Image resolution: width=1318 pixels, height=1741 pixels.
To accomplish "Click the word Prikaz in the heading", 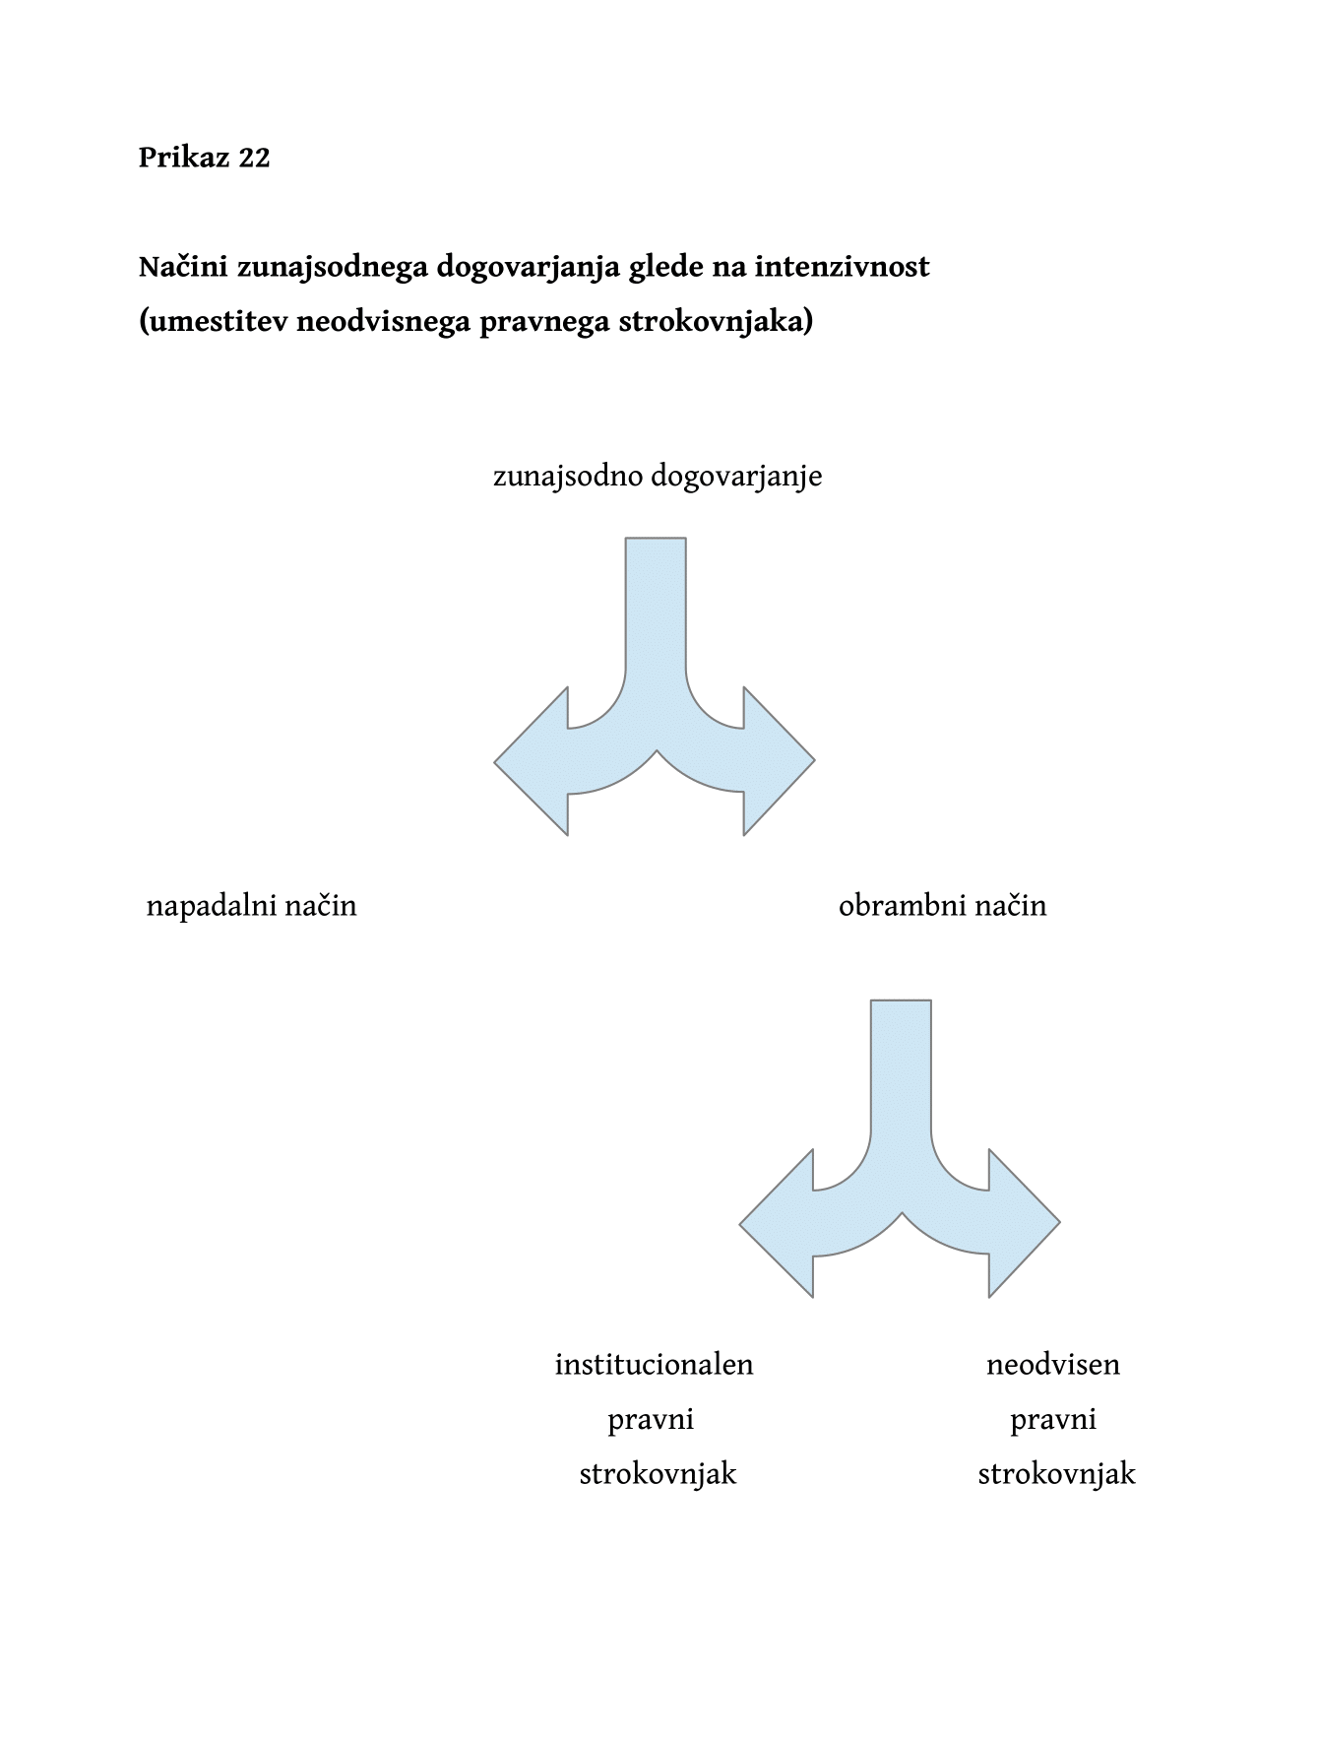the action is click(184, 158).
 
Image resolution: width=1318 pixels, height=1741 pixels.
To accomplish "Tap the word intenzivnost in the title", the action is click(842, 267).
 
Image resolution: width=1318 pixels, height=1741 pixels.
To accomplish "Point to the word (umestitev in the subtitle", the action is click(214, 322).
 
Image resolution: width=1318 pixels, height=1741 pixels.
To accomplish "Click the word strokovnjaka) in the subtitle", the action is click(716, 322).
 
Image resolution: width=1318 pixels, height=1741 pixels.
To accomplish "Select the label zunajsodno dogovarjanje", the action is click(658, 478).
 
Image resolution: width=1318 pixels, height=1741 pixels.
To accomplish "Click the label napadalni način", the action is click(252, 906).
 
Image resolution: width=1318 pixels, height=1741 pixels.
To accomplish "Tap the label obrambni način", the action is click(943, 906).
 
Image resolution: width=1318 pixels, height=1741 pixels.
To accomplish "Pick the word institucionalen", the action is click(655, 1365).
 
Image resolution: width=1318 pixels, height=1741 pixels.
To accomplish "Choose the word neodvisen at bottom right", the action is click(1053, 1365).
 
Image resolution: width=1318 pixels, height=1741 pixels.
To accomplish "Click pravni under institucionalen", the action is click(652, 1421).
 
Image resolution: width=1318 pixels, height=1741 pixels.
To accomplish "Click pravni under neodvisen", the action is click(1053, 1421).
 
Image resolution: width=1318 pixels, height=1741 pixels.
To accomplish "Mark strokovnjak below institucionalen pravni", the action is click(658, 1475).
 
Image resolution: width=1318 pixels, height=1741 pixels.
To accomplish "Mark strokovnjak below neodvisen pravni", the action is click(1056, 1475).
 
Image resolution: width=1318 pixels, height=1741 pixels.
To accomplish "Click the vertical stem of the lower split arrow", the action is click(901, 1068).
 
